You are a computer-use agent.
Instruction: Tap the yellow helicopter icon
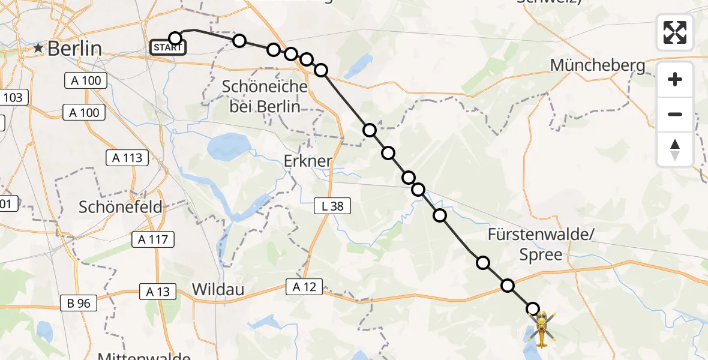[541, 329]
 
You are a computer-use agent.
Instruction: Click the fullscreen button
[675, 32]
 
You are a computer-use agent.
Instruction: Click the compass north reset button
[675, 149]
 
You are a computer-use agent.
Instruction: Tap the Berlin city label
[74, 48]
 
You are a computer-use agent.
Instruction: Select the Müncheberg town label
[598, 65]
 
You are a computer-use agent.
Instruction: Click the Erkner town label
[307, 161]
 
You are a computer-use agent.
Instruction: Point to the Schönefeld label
[121, 207]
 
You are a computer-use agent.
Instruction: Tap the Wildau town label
[218, 289]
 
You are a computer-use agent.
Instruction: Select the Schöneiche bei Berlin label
[265, 97]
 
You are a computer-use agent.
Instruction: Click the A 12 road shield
[305, 287]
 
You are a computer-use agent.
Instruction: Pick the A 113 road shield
[127, 158]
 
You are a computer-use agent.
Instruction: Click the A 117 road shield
[153, 240]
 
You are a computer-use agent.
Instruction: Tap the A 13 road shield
[158, 292]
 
